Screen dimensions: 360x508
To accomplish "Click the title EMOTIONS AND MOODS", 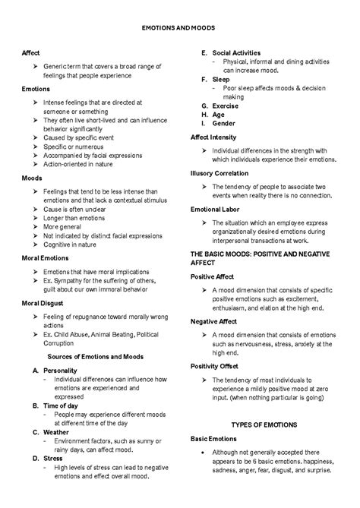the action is coord(179,27).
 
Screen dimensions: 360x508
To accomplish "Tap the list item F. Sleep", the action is coord(215,79).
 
